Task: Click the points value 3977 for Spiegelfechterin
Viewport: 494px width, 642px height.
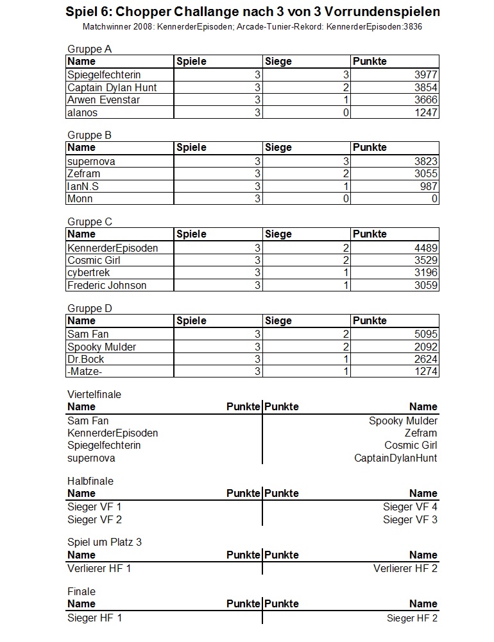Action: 425,75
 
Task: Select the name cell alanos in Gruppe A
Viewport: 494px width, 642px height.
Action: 83,112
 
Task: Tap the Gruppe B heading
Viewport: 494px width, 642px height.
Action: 89,135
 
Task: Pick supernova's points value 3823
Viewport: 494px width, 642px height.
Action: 425,162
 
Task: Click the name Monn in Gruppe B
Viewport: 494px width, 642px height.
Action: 80,199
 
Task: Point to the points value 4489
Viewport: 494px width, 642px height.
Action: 425,248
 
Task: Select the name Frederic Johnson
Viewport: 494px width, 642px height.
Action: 106,285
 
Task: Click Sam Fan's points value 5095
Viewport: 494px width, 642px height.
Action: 425,334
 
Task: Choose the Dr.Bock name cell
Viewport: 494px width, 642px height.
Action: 85,359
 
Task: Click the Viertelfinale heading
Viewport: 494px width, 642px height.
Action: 94,394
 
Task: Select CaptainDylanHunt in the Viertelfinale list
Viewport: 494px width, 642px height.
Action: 396,458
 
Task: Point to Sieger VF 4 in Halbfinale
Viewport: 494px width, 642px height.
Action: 410,507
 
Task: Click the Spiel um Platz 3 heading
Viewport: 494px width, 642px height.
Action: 105,542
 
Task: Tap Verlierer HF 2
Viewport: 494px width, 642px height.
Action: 405,568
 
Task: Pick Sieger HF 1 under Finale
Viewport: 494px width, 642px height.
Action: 94,618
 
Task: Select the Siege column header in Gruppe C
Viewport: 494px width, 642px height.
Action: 278,234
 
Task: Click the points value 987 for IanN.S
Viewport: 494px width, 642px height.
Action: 429,186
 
